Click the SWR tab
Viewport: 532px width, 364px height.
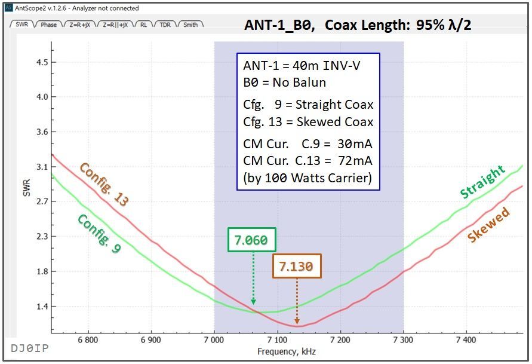[x=21, y=25]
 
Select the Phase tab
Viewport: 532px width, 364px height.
[x=49, y=25]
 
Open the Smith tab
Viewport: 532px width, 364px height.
[x=190, y=25]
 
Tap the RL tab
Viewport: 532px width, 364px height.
[x=144, y=25]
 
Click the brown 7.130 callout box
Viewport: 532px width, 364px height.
[x=297, y=266]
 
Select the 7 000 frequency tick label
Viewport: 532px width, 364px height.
[x=214, y=340]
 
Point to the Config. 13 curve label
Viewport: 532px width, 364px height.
[x=104, y=185]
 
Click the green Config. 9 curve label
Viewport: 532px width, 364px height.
[x=99, y=234]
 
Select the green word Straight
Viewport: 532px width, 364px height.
[x=482, y=182]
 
